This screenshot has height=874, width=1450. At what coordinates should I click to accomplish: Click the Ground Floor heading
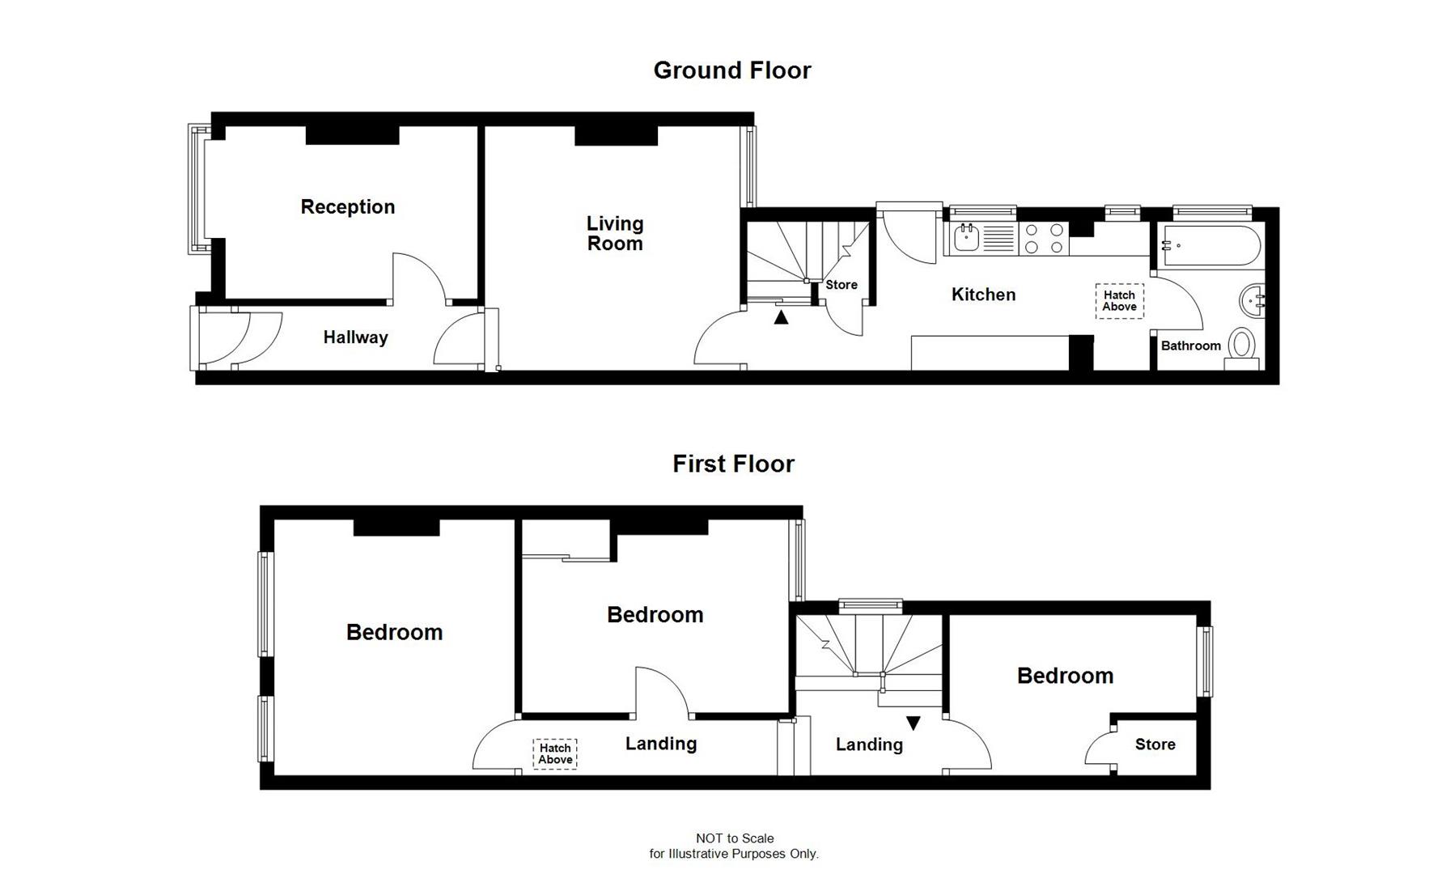pos(731,70)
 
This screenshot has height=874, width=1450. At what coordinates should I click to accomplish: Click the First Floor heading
pos(733,464)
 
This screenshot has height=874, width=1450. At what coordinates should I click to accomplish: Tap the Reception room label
pos(348,207)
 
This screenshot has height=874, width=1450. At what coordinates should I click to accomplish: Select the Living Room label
pos(615,233)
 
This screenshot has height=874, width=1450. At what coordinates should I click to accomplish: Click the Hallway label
pos(355,337)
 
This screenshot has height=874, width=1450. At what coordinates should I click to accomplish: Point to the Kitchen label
pos(983,295)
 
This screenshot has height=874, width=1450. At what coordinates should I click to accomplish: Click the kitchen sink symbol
pos(967,238)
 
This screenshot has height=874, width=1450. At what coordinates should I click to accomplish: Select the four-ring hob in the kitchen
pos(1044,239)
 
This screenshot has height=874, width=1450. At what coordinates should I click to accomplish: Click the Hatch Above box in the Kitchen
pos(1119,301)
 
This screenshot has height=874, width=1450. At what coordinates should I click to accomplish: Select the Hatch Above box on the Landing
pos(555,753)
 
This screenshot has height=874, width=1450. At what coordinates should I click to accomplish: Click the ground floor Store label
pos(842,285)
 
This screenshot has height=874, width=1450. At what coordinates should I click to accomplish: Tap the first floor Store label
pos(1155,745)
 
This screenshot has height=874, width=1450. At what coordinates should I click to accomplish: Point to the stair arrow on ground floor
pos(781,318)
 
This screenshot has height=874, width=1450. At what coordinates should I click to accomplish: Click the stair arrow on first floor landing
pos(914,723)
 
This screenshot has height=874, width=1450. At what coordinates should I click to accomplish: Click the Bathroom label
pos(1190,346)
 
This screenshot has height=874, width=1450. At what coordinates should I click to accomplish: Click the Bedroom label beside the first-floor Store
pos(1065,676)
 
